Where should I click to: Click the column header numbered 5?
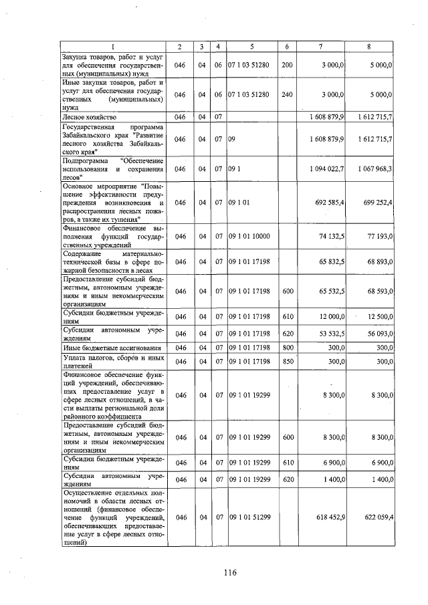(251, 46)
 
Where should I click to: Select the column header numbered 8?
(369, 46)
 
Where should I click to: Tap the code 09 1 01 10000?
(251, 236)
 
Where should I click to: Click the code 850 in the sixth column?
(288, 362)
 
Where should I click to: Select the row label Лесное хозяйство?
(89, 117)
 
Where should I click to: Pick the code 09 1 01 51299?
(251, 517)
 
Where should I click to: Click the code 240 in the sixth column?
(288, 95)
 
